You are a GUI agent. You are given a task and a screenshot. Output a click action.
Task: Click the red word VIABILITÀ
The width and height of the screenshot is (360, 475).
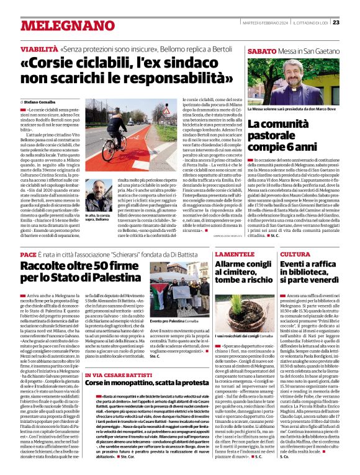click(39, 48)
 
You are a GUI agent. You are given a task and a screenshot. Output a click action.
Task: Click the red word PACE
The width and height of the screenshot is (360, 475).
click(28, 255)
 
